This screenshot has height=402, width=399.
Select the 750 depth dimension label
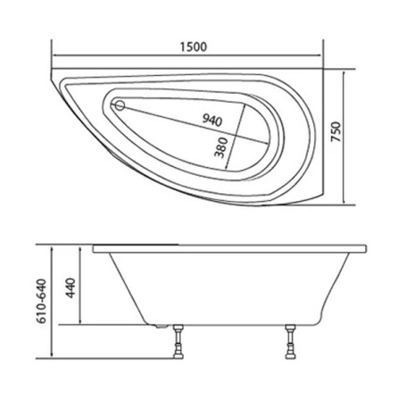[361, 130]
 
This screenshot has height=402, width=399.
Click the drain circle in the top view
[119, 105]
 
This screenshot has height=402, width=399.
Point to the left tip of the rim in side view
[92, 247]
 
